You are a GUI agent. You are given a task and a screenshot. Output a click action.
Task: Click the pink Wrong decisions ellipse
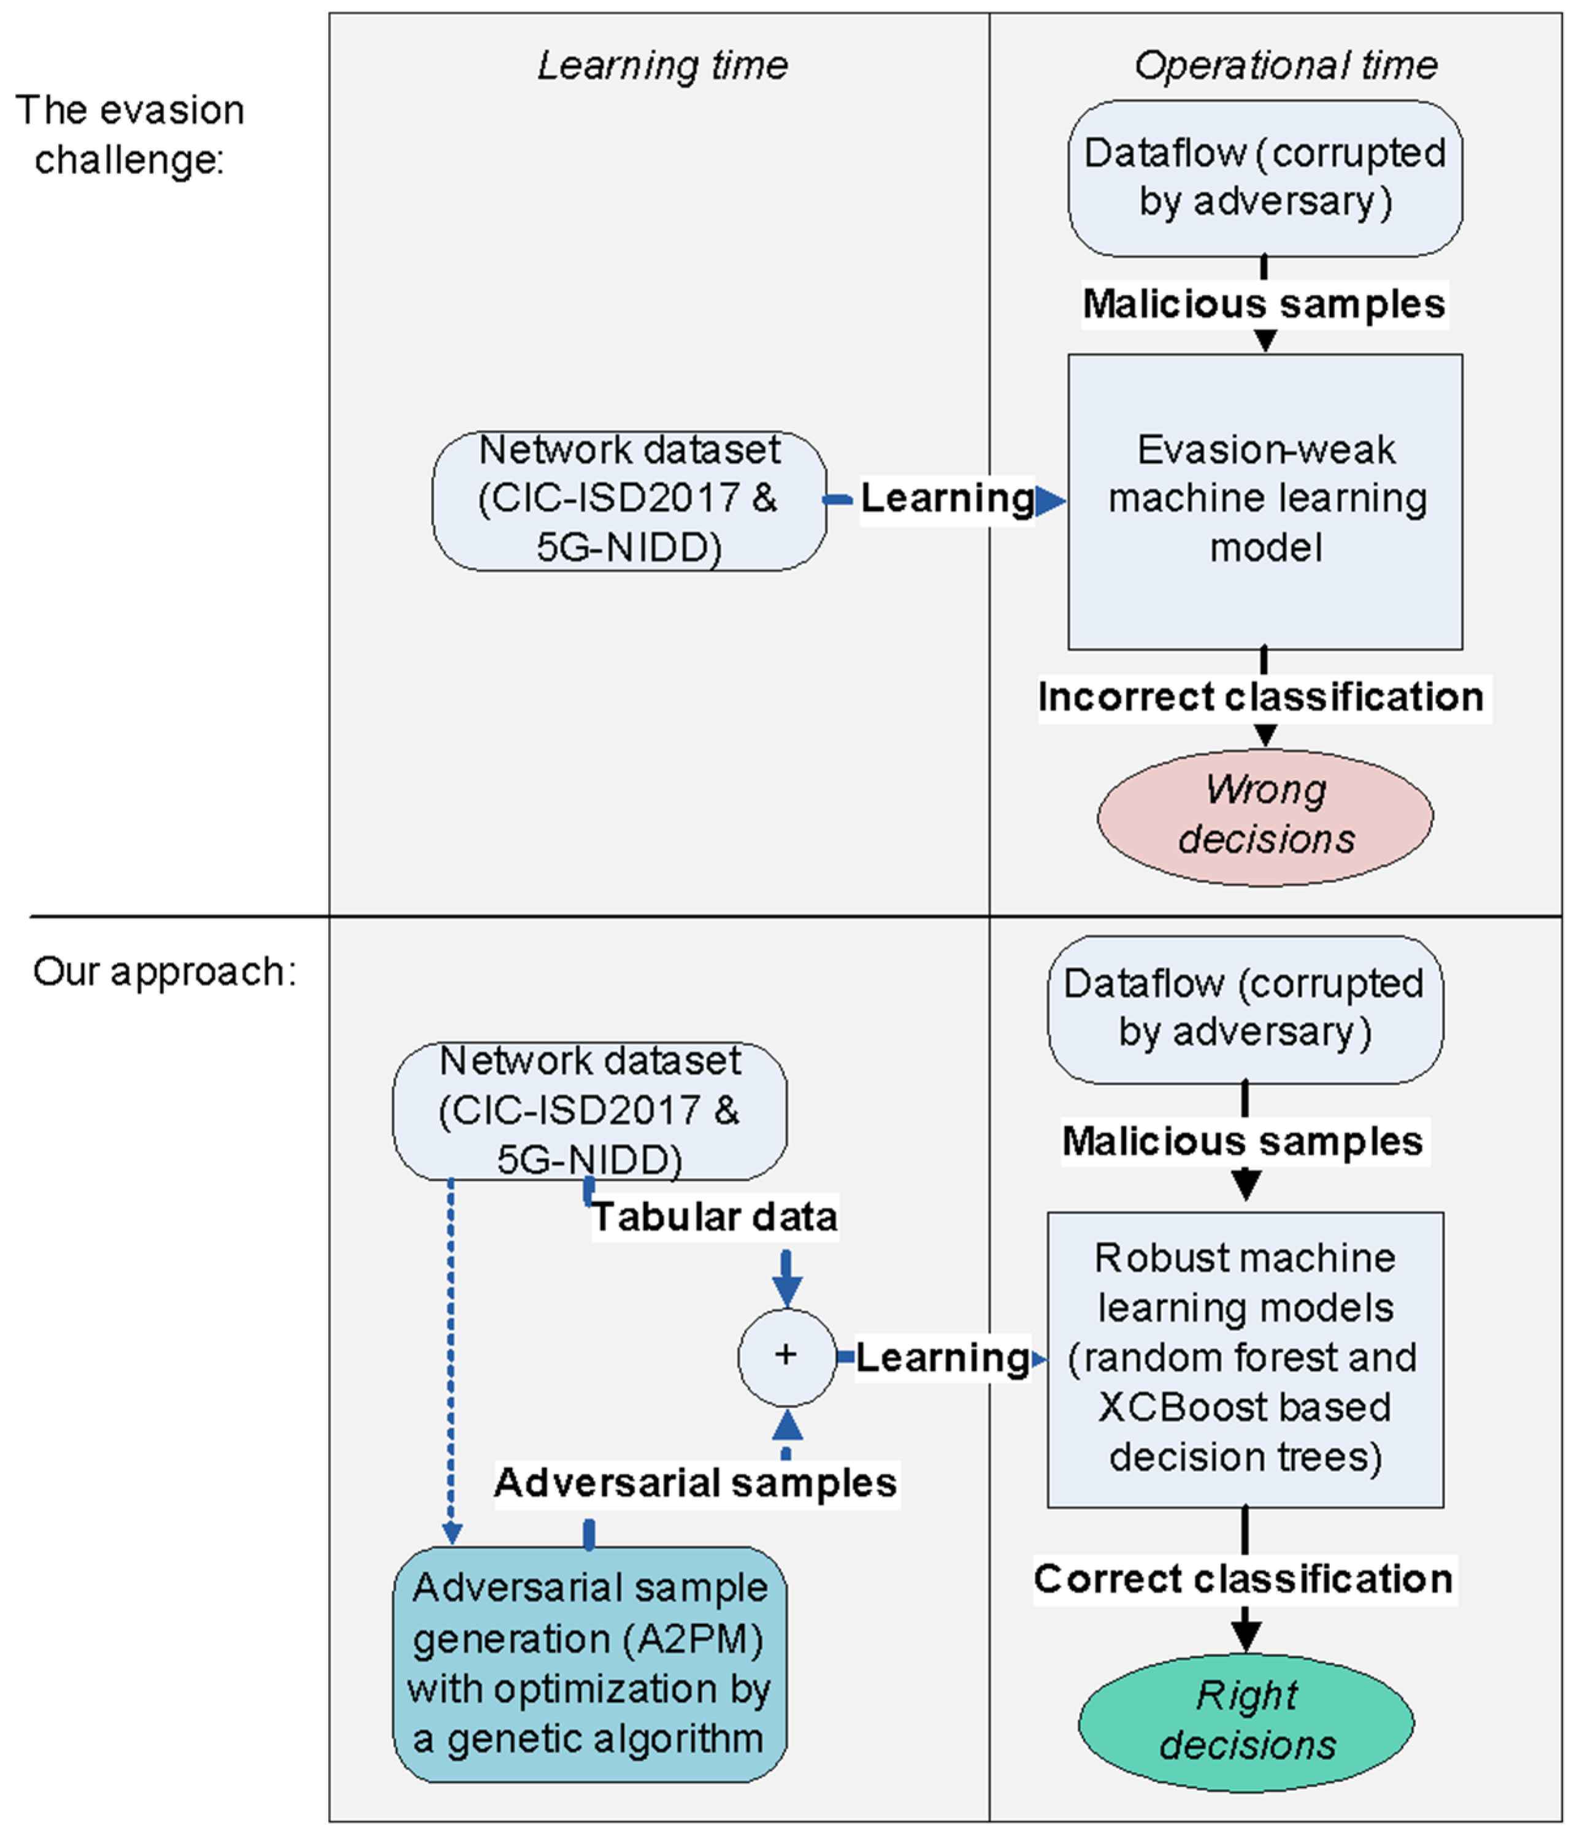tap(1265, 816)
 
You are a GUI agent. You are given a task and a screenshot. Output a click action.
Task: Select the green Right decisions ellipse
tap(1245, 1722)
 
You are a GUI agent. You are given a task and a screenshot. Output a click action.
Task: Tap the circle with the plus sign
tap(786, 1356)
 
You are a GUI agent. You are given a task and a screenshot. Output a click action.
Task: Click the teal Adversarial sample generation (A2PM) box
tap(589, 1663)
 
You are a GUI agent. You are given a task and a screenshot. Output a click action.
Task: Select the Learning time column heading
tap(662, 66)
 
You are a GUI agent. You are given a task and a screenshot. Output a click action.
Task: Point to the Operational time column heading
tap(1286, 66)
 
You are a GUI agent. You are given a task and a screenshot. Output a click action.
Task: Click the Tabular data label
tap(715, 1217)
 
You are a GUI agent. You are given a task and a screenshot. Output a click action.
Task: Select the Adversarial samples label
tap(696, 1482)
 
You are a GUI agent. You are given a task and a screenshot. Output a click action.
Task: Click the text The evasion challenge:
tap(129, 135)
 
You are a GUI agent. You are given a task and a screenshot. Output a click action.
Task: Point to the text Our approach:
tap(164, 972)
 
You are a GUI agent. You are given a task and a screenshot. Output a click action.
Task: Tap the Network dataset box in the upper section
tap(629, 500)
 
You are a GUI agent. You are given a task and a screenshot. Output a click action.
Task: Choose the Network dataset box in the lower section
tap(589, 1111)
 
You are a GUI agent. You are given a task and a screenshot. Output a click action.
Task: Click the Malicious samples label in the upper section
tap(1263, 304)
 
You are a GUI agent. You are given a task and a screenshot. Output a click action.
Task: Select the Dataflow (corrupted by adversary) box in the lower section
tap(1245, 1008)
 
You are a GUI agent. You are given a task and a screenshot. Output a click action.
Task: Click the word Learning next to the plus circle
tap(942, 1358)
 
